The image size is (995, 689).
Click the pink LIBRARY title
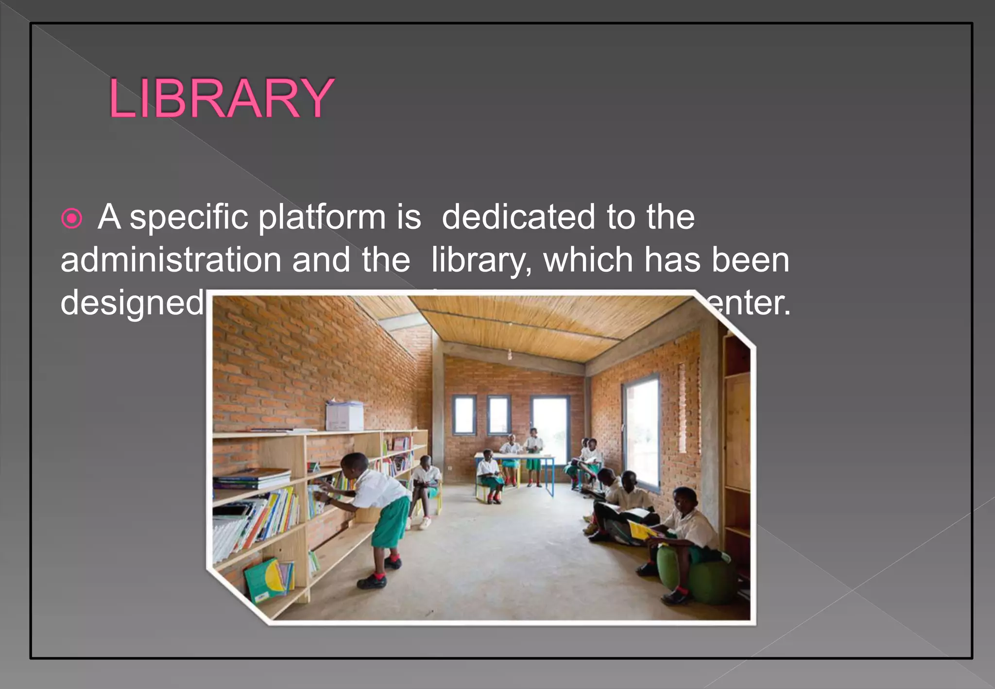pos(222,99)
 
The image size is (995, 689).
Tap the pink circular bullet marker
pos(72,218)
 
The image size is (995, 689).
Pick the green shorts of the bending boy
pos(391,522)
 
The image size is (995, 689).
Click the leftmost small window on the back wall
pos(464,414)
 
